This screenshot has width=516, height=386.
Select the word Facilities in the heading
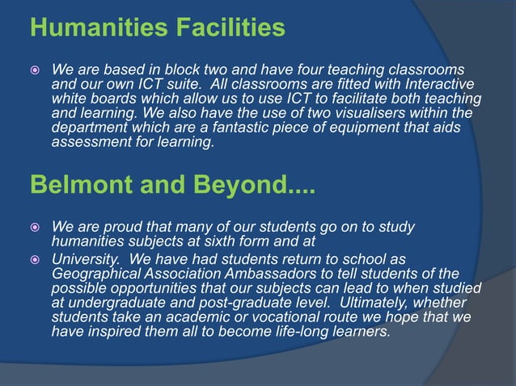(x=224, y=29)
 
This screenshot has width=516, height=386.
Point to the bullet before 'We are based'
(x=37, y=70)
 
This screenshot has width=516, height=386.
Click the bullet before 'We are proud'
(x=37, y=226)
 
